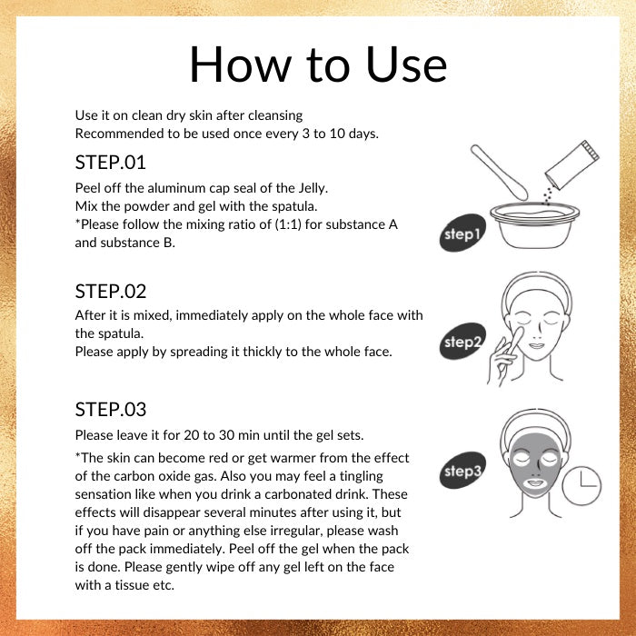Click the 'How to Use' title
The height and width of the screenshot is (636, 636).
pos(318,65)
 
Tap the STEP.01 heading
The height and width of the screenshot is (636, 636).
pos(110,163)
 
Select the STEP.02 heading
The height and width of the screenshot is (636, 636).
pos(110,292)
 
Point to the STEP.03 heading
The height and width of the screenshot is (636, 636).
pos(110,409)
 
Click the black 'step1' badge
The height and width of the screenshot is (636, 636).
pos(462,233)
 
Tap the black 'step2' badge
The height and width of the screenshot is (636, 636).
pos(462,341)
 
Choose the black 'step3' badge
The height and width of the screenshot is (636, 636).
pos(462,470)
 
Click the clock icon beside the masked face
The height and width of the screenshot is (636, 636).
pos(581,485)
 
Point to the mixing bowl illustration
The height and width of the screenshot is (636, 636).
pos(534,224)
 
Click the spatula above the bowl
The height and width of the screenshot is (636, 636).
pos(500,173)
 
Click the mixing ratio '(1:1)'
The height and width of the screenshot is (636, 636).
pos(288,224)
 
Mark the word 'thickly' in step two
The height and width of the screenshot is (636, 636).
pos(263,352)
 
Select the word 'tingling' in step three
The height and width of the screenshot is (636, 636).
pos(362,476)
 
